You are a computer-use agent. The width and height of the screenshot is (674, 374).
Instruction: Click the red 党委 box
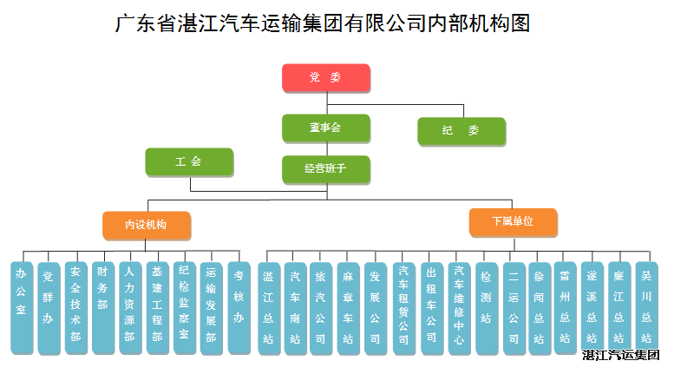tap(326, 78)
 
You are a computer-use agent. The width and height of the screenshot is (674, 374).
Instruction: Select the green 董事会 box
tap(326, 128)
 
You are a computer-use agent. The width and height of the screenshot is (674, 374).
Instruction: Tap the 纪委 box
tap(461, 131)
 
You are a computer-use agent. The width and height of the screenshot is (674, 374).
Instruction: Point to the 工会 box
tap(188, 162)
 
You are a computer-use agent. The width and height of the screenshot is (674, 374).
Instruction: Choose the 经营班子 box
tap(326, 169)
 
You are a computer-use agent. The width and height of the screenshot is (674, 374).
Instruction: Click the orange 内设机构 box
tap(146, 225)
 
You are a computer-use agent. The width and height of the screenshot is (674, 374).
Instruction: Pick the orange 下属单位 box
tap(513, 222)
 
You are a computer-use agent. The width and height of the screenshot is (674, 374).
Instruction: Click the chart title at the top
tap(323, 23)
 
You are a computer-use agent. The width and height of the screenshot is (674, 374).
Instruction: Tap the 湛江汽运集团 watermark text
tap(621, 356)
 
